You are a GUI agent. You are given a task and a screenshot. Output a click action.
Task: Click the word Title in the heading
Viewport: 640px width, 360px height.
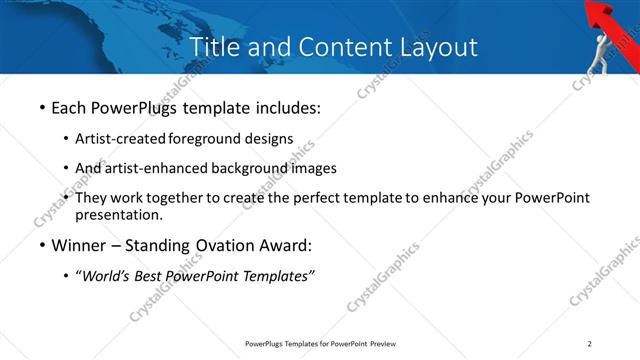pos(211,47)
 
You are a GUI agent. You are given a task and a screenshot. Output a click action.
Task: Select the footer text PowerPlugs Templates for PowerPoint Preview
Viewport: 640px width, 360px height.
pos(320,344)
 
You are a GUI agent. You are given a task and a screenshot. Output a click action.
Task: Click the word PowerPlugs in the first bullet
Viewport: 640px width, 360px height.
pos(142,106)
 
